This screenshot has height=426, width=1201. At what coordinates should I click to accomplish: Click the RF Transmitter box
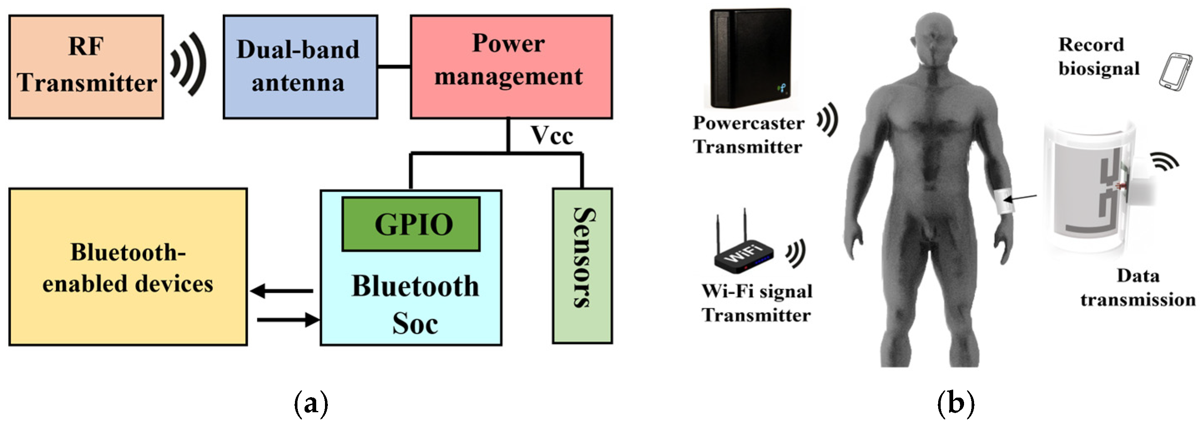(x=86, y=67)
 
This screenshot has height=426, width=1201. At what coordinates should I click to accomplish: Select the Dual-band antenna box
(x=300, y=67)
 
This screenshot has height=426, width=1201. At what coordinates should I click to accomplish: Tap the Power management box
(x=511, y=67)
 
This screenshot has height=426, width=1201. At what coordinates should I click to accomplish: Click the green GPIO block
(x=411, y=224)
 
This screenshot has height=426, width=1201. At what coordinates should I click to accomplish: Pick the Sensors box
(x=582, y=266)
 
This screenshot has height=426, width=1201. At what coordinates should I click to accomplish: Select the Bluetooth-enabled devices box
(x=128, y=267)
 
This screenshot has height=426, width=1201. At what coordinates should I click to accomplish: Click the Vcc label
(x=551, y=136)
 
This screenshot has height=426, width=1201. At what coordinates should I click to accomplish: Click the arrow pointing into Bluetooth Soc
(x=288, y=319)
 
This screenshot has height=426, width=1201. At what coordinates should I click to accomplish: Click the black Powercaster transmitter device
(x=750, y=58)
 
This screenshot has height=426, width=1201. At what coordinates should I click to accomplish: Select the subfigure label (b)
(x=955, y=404)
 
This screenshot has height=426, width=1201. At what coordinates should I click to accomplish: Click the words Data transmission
(x=1138, y=288)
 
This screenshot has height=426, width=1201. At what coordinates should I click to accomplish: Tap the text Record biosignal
(x=1098, y=56)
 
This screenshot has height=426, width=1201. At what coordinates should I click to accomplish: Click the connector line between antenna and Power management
(x=394, y=67)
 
